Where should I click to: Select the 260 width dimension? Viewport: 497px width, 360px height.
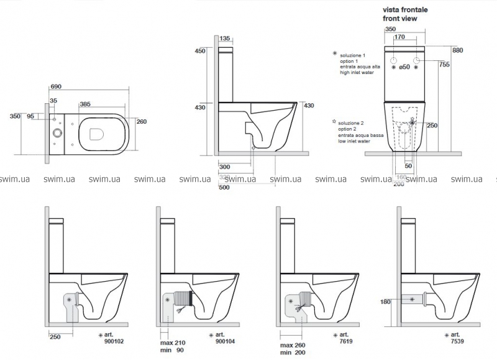point(142,121)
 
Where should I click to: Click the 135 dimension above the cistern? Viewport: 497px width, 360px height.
point(227,39)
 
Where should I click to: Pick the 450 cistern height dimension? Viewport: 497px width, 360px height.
point(200,52)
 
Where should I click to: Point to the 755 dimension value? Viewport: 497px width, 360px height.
point(444,64)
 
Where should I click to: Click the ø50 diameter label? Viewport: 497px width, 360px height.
point(404,67)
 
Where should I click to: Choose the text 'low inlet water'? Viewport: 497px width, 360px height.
point(355,141)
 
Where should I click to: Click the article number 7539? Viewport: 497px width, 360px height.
point(468,341)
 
